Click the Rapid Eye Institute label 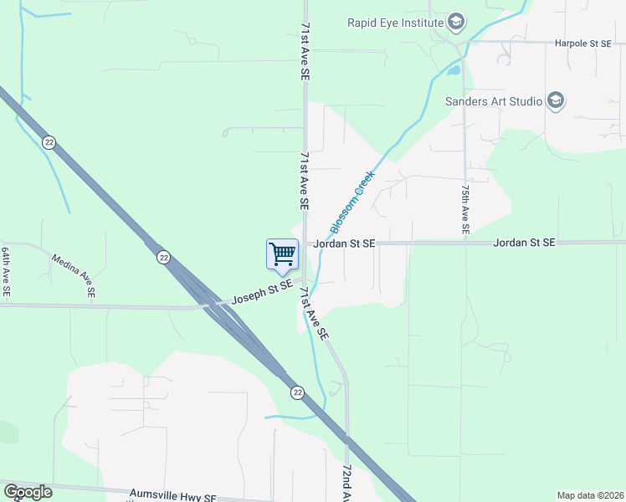(x=394, y=22)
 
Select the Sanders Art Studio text (x=494, y=102)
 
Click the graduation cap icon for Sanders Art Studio (x=556, y=102)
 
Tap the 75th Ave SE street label (x=464, y=209)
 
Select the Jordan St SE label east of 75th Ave (x=525, y=243)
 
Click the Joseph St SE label (x=262, y=292)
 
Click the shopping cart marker (x=283, y=254)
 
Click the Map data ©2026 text (x=590, y=495)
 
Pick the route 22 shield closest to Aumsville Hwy (x=297, y=392)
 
